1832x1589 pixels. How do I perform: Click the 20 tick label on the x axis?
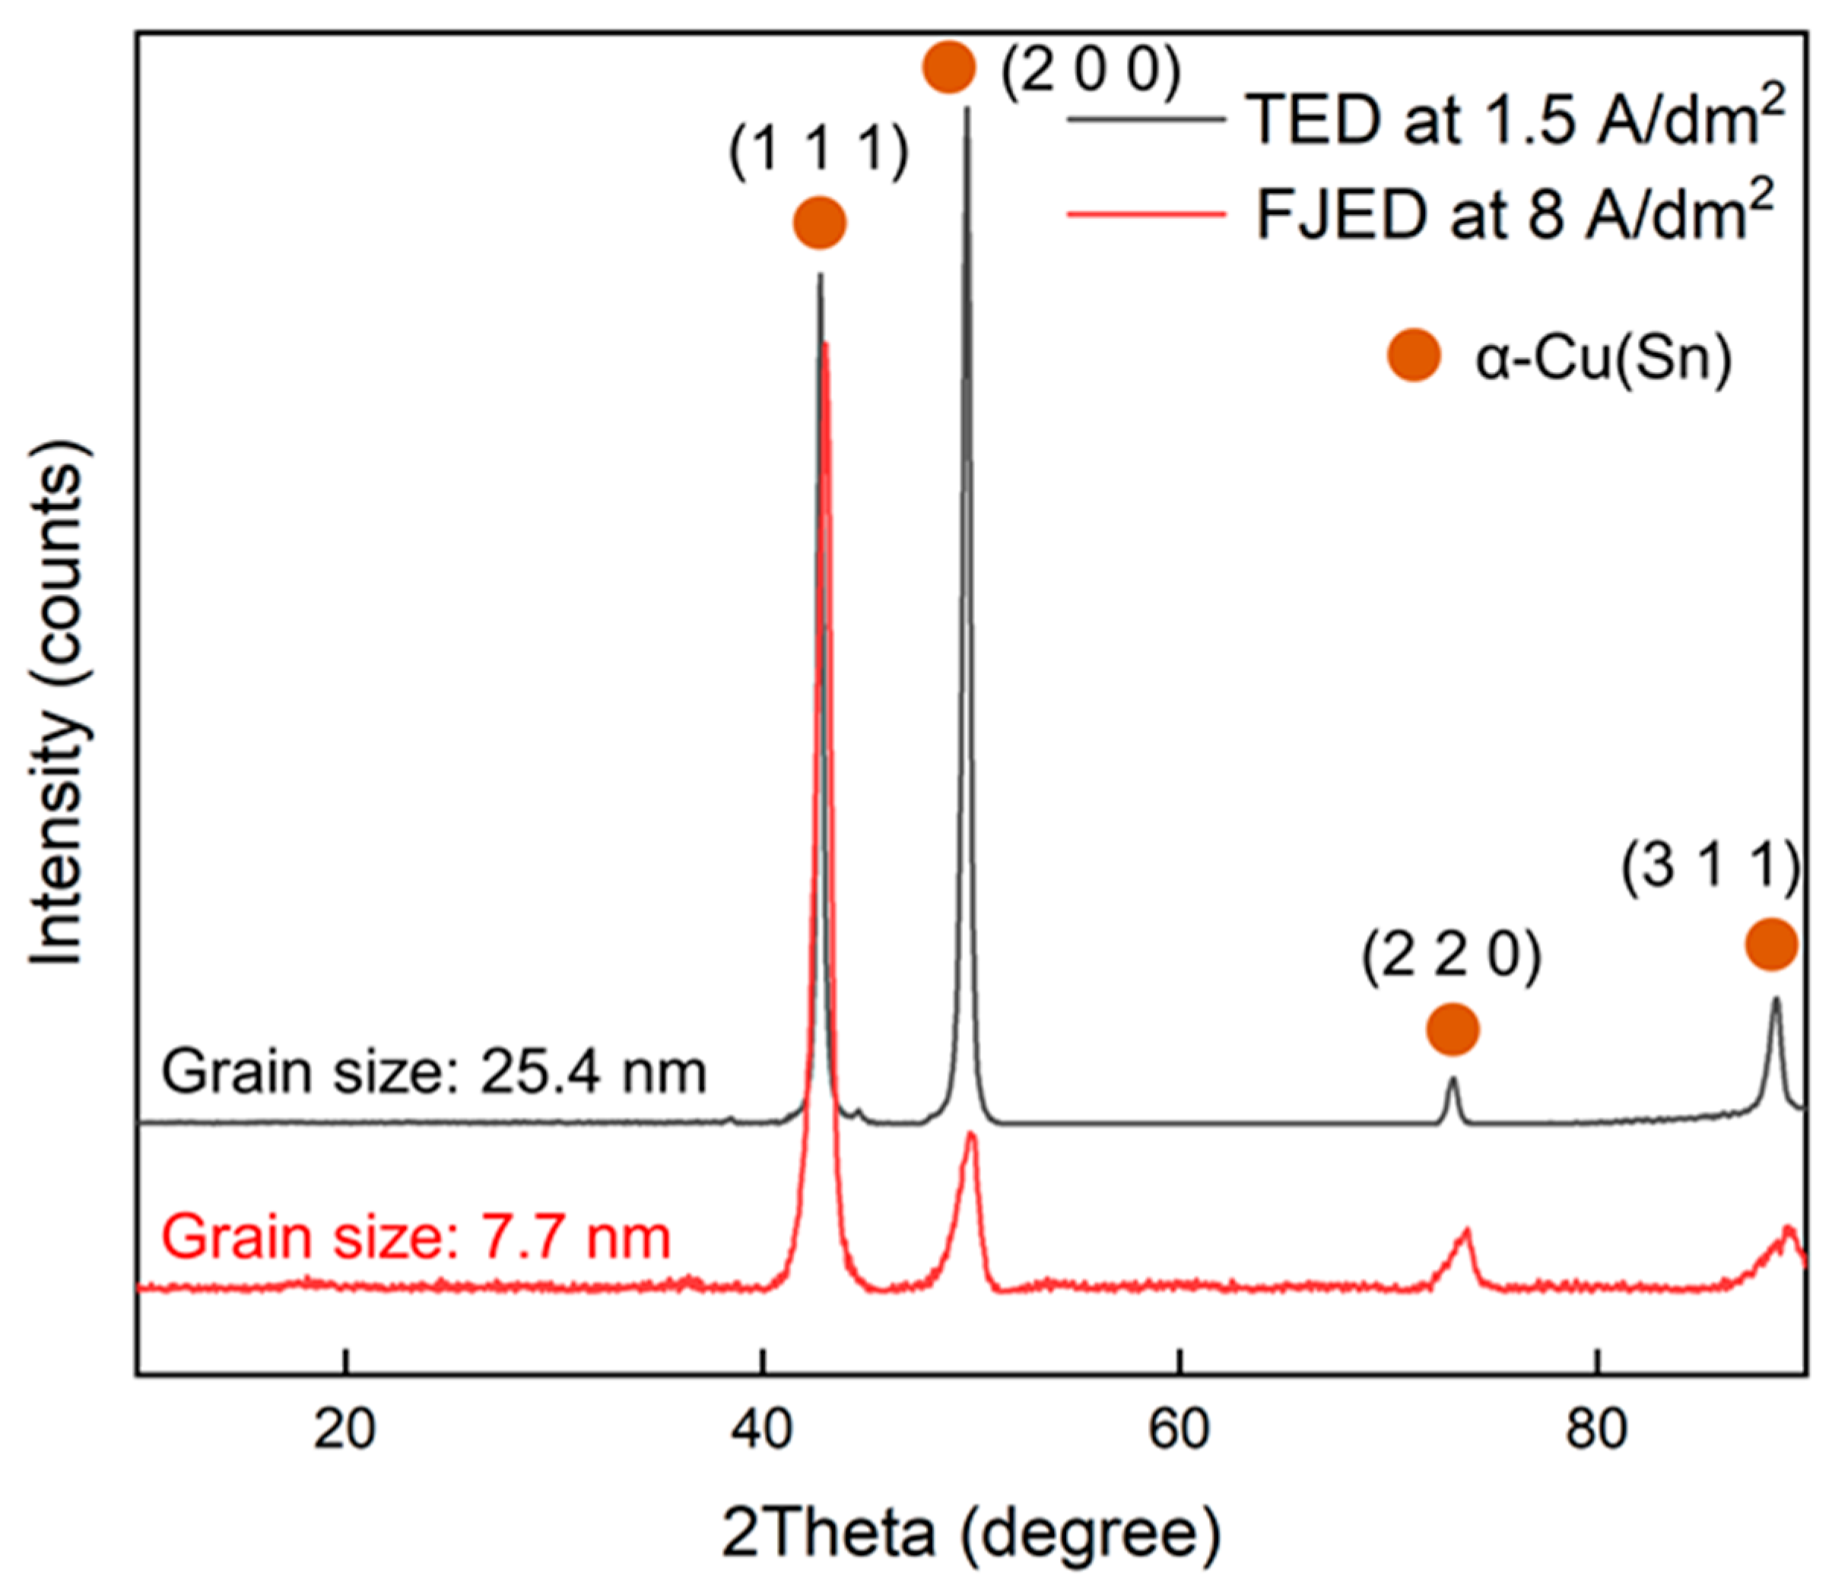tap(344, 1429)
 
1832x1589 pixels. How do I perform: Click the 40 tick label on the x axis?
tap(761, 1429)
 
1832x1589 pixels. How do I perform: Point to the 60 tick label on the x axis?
tap(1179, 1429)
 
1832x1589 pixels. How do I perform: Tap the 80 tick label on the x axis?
tap(1596, 1429)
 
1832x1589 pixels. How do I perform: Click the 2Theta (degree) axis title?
tap(971, 1534)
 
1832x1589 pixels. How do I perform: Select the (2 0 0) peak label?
tap(1091, 69)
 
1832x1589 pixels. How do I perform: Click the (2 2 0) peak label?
tap(1453, 958)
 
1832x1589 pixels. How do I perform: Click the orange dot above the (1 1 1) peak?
tap(820, 223)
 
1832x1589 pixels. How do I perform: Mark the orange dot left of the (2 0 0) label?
tap(949, 67)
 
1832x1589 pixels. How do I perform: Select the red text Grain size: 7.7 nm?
tap(416, 1237)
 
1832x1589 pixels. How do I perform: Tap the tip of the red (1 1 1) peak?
tap(826, 344)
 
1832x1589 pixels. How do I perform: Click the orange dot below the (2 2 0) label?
tap(1453, 1030)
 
